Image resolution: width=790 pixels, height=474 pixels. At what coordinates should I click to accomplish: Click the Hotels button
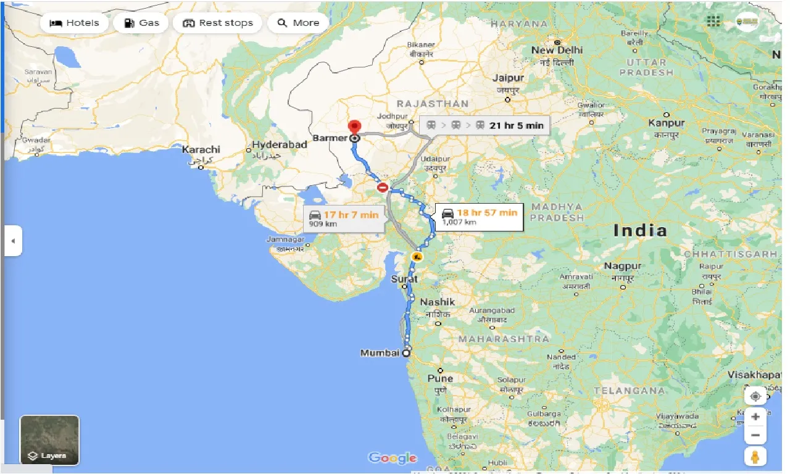[x=74, y=23]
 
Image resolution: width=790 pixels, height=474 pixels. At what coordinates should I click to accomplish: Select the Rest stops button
[x=218, y=23]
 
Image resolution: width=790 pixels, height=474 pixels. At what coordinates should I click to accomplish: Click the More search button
[x=299, y=23]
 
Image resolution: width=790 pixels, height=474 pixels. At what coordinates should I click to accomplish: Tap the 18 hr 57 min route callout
[x=480, y=217]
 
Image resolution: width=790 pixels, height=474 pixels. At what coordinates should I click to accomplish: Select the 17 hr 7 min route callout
[x=344, y=218]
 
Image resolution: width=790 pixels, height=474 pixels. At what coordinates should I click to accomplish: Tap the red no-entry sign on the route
[x=383, y=187]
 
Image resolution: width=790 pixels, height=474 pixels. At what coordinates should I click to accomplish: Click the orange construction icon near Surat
[x=417, y=256]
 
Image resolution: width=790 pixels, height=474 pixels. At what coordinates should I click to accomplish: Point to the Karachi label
[x=201, y=150]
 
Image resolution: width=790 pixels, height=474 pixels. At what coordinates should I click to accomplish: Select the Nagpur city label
[x=623, y=266]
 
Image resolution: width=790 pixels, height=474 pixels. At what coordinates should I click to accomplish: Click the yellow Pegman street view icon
[x=755, y=457]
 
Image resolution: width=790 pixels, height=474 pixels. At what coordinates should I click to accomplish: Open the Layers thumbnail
[x=49, y=440]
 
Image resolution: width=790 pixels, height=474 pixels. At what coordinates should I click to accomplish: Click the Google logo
[x=393, y=458]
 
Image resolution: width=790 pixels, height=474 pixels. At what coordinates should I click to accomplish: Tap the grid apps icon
[x=713, y=22]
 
